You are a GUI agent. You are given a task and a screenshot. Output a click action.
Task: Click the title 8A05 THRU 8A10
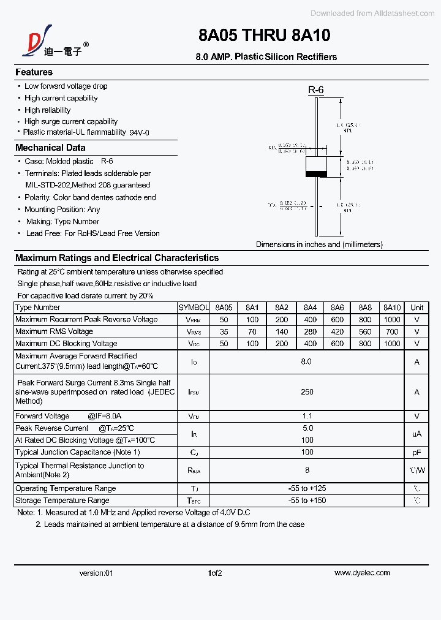264,36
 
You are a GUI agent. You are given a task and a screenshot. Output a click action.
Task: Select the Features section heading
34,72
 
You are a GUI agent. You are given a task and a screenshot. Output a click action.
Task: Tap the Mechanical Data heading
50,148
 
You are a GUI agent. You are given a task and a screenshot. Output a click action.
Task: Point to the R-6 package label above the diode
315,90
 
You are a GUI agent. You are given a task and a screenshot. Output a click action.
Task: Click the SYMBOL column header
194,308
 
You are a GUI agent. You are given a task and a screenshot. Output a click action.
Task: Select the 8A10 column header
391,308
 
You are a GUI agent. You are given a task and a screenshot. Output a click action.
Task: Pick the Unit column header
417,308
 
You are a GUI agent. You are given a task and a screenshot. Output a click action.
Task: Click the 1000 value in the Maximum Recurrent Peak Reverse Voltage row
391,320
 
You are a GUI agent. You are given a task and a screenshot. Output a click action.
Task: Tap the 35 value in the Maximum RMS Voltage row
224,331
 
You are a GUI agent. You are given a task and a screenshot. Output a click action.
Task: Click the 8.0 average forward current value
306,361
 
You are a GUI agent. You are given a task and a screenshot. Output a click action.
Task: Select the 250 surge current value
307,391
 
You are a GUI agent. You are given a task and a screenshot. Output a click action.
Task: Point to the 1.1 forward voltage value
307,416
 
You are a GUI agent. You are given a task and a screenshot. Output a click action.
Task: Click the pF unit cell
417,452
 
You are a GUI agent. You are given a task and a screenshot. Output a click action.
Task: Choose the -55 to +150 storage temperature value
307,501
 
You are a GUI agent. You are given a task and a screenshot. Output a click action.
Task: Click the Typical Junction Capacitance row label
78,452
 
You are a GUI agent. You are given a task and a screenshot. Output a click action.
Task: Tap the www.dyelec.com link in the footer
361,573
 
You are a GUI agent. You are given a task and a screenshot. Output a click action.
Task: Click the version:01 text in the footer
96,573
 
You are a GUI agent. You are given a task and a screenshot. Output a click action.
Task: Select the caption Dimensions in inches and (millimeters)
319,244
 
